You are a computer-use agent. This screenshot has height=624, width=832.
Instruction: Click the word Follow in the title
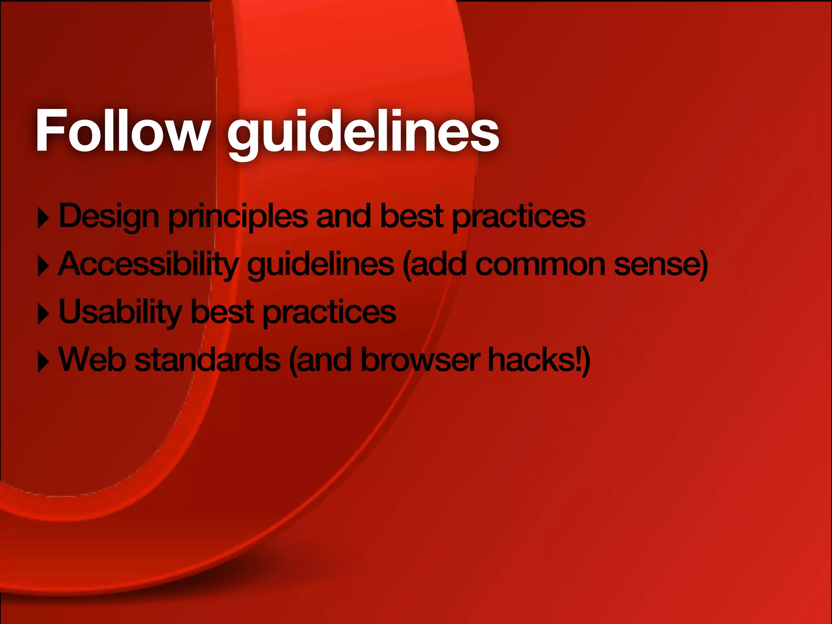122,131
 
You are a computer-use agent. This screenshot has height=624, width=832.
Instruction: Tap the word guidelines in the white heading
363,132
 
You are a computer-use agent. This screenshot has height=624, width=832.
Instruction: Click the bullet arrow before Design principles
43,219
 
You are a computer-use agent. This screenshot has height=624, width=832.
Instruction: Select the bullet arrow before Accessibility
43,266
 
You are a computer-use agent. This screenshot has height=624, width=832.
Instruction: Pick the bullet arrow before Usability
43,314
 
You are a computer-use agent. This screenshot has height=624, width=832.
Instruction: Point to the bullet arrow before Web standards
43,362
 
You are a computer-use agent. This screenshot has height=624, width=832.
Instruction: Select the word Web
92,360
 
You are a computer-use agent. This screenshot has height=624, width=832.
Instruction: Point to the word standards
207,360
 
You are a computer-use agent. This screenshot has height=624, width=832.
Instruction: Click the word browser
420,360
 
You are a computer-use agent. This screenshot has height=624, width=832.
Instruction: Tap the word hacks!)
539,360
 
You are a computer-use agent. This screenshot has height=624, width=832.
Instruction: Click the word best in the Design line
412,217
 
